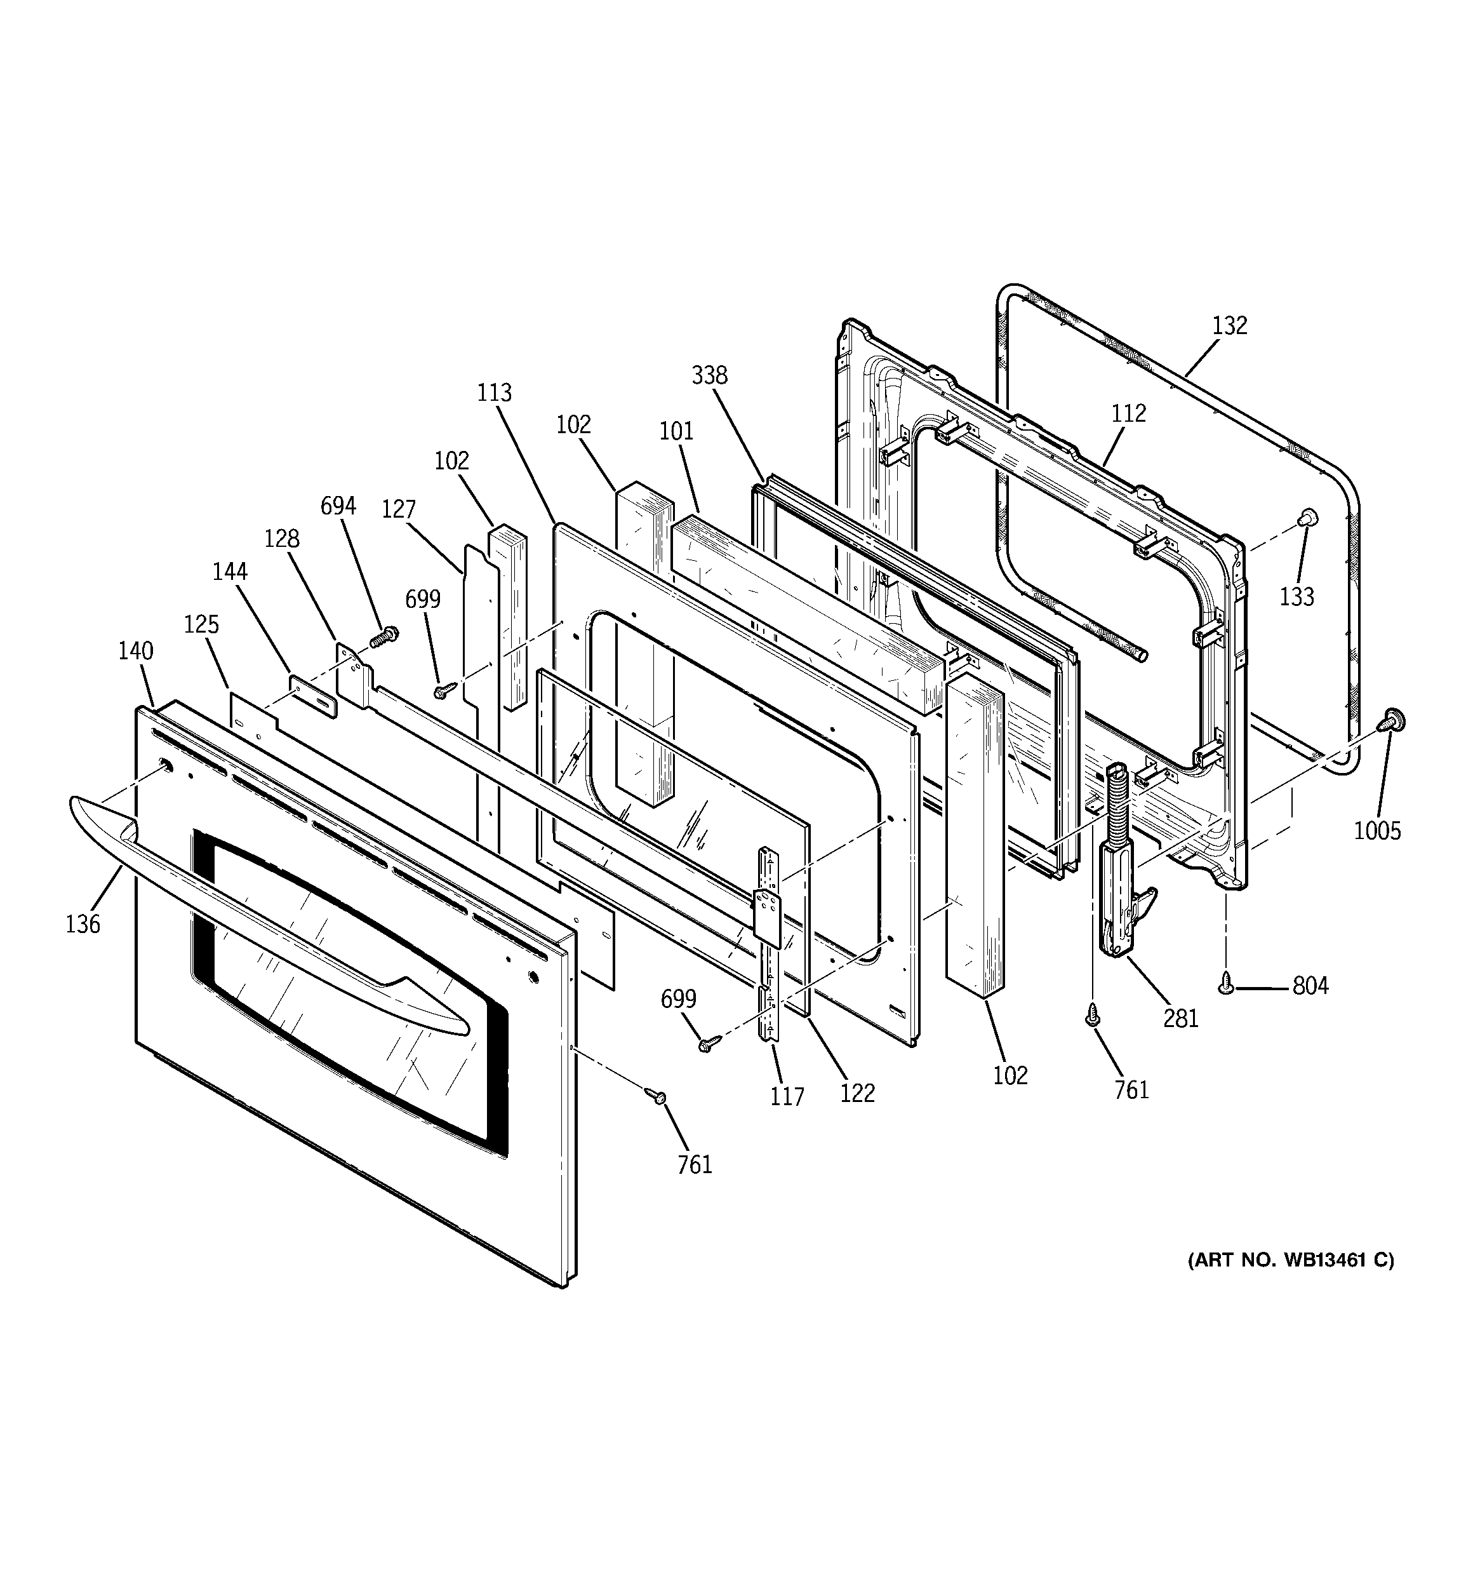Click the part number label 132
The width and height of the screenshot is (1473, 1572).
1229,326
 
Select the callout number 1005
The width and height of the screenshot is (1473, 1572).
1376,830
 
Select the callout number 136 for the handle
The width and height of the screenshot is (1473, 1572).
83,924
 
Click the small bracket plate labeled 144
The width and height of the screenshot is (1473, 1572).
313,696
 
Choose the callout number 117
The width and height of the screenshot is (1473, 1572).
787,1096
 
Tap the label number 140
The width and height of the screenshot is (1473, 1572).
136,651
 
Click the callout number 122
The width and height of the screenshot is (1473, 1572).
858,1093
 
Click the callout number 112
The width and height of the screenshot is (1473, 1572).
1128,413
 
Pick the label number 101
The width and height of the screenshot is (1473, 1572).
676,431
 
